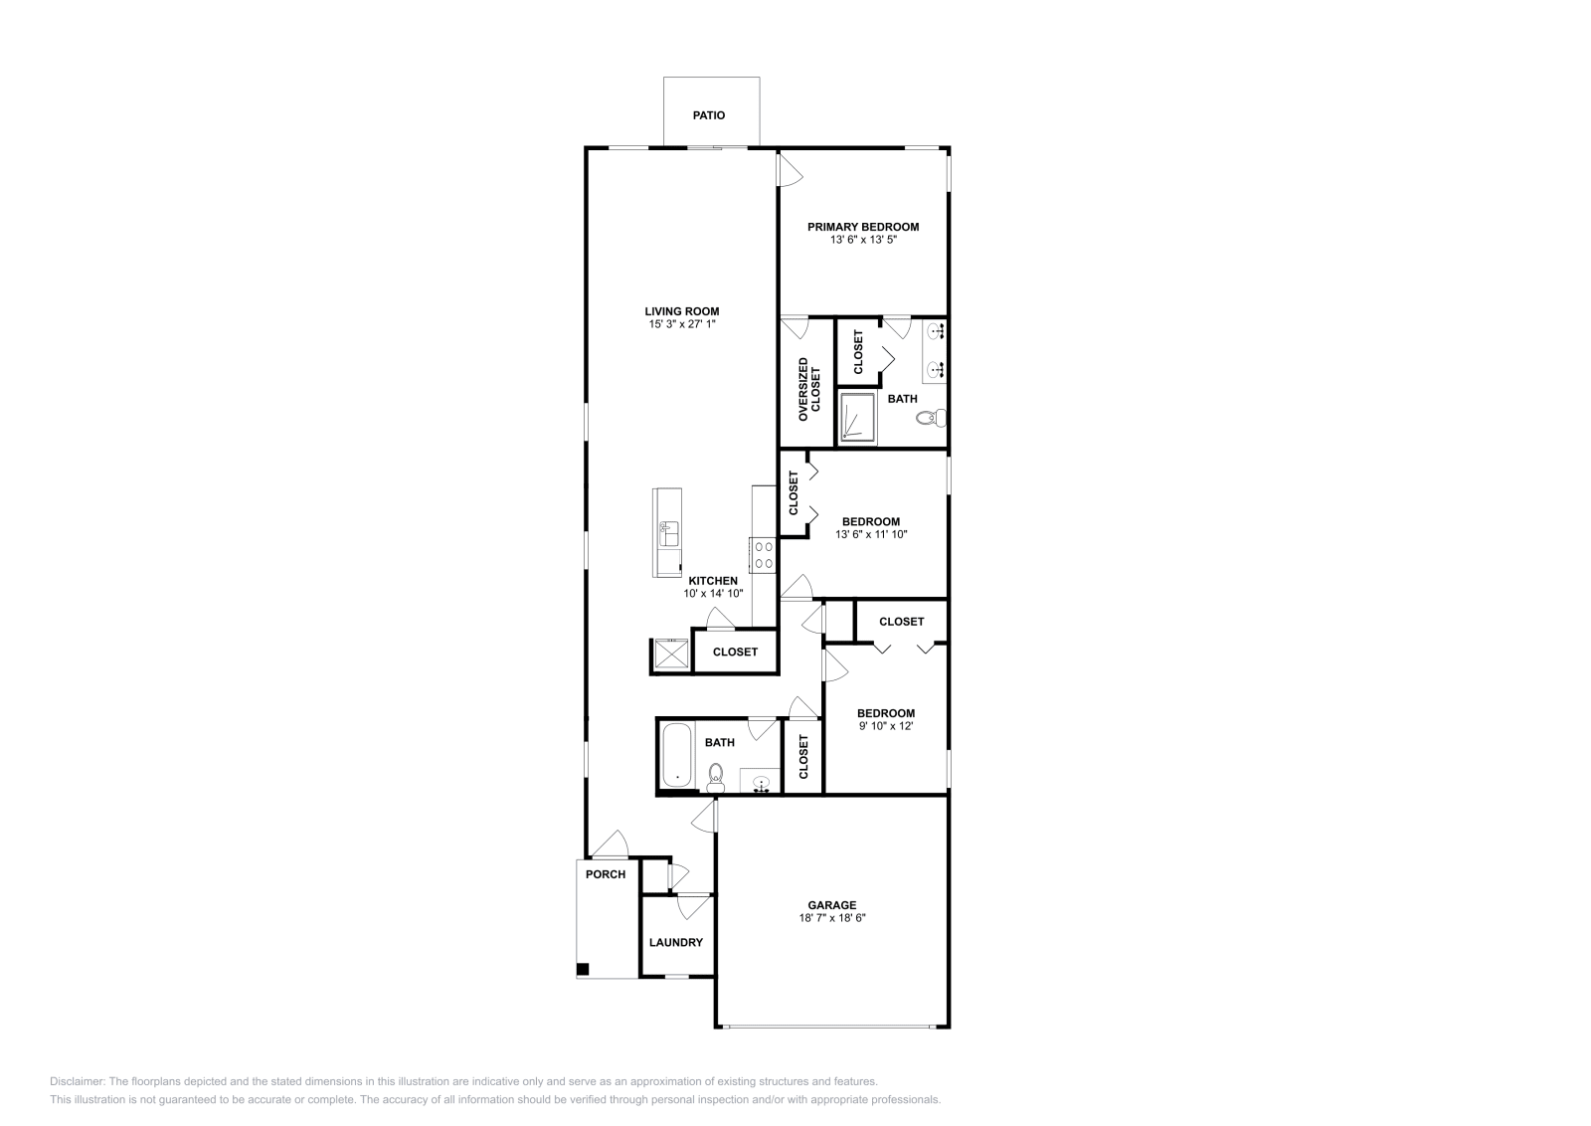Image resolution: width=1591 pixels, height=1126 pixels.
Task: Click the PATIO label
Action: [709, 115]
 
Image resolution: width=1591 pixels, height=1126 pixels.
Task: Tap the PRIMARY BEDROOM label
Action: [863, 227]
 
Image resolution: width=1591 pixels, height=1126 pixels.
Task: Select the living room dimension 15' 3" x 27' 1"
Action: [682, 324]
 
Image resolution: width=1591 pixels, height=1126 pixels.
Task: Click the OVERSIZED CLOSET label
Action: [809, 385]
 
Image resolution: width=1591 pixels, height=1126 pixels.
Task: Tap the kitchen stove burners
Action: [764, 554]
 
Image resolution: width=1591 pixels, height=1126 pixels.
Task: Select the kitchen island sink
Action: [668, 532]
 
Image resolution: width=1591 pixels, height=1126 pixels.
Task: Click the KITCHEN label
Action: [714, 581]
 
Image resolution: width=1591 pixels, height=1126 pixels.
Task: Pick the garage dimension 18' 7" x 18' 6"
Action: [832, 918]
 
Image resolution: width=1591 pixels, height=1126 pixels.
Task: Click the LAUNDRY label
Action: [676, 942]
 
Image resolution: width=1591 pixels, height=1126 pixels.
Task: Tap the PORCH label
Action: [606, 874]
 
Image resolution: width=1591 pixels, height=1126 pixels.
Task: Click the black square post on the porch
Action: [584, 970]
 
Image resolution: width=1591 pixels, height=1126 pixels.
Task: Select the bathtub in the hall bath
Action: [677, 756]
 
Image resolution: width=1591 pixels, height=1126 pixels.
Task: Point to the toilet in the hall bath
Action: [715, 776]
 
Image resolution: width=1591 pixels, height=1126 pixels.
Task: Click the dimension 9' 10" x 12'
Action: [886, 726]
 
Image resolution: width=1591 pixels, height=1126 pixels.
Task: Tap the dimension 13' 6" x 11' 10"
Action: [871, 534]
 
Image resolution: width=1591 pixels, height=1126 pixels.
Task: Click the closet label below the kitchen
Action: [736, 653]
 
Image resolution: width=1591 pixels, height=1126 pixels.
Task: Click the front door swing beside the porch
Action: [612, 844]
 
